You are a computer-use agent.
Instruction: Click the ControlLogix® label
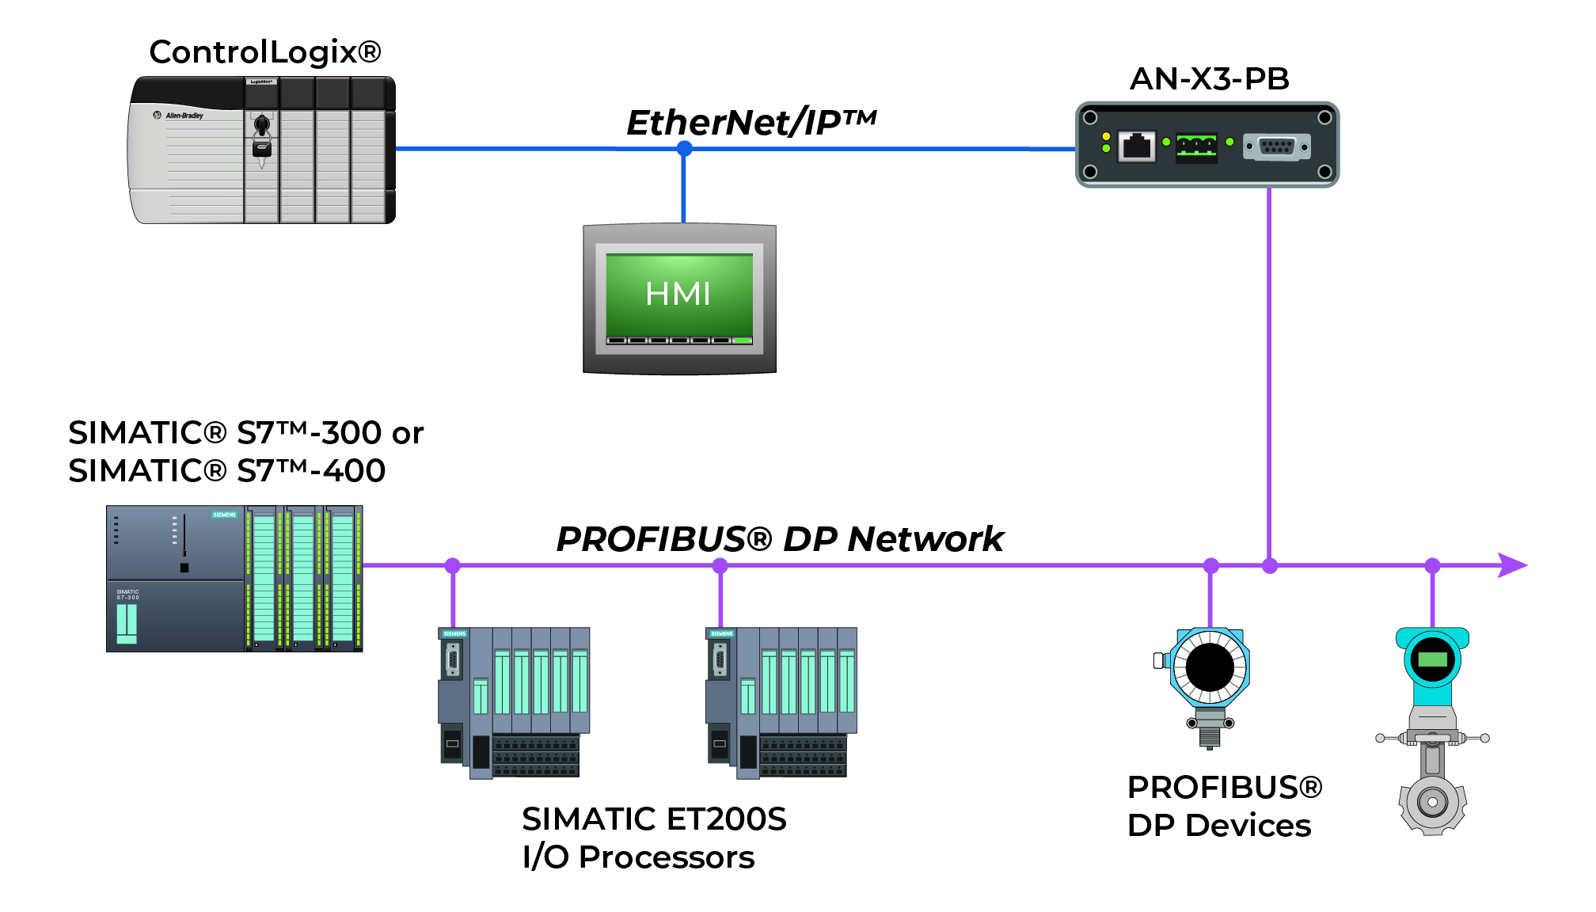pos(265,52)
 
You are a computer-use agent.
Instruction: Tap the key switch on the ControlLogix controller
pos(262,126)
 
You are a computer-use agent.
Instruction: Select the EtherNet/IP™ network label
pos(750,122)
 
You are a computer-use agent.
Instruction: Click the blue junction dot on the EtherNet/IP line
pos(685,148)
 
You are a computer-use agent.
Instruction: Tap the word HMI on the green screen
pos(678,294)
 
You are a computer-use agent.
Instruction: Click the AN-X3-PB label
pos(1209,78)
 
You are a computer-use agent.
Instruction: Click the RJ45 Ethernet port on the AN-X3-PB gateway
pos(1137,146)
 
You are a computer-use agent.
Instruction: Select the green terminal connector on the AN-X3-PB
pos(1196,146)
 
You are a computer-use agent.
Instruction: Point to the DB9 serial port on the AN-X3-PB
pos(1276,146)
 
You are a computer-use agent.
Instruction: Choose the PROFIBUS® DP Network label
pos(780,539)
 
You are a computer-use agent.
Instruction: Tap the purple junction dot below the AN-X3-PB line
pos(1270,565)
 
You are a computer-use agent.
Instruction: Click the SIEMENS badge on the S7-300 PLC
pos(224,515)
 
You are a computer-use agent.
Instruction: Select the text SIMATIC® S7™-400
pos(226,471)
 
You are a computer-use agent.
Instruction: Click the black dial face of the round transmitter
pos(1210,667)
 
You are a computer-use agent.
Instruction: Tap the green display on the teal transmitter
pos(1432,659)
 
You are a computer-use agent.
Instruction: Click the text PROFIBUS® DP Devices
pos(1223,806)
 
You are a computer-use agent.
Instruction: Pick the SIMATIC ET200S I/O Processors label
pos(653,838)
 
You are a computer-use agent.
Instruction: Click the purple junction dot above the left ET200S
pos(453,565)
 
